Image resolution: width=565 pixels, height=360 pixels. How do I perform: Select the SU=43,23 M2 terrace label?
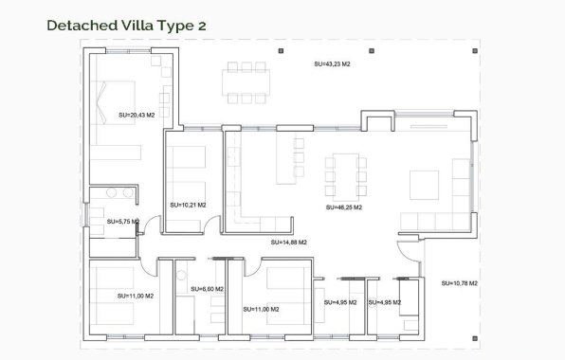pyautogui.click(x=332, y=63)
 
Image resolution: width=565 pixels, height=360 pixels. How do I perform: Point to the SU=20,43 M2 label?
pyautogui.click(x=137, y=115)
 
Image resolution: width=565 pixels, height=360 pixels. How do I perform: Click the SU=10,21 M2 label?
pyautogui.click(x=187, y=204)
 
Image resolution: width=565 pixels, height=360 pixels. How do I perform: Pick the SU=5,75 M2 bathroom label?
pyautogui.click(x=122, y=222)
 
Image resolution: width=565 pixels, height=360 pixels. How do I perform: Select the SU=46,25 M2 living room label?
pyautogui.click(x=343, y=207)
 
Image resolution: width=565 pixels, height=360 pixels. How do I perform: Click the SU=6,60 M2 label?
pyautogui.click(x=207, y=289)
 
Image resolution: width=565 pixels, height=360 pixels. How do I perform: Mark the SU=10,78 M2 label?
pyautogui.click(x=460, y=283)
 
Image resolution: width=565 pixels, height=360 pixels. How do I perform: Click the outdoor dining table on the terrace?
pyautogui.click(x=246, y=82)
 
